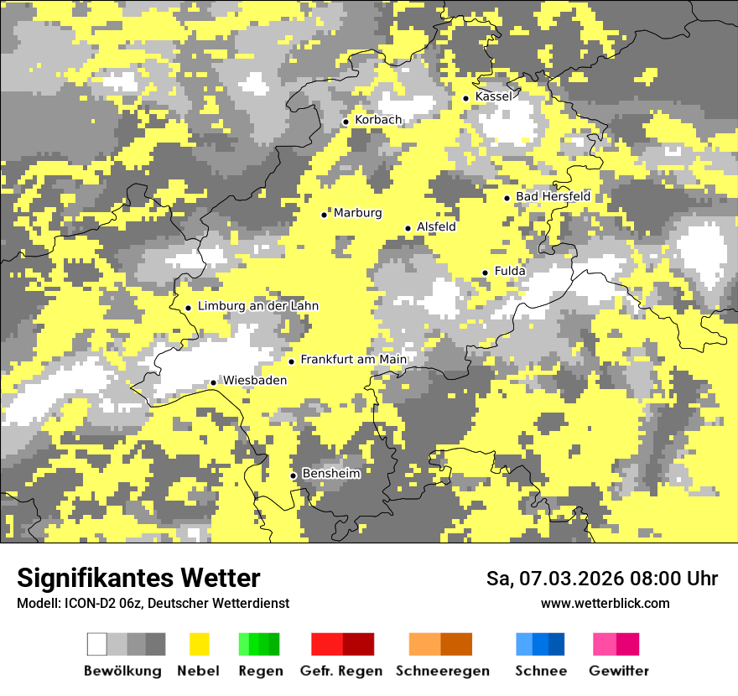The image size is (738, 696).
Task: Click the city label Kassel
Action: coord(493,96)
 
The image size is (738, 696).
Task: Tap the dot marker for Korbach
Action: coord(346,122)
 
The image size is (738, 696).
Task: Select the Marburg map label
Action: coord(357,213)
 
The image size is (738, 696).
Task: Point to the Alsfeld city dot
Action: coord(408,228)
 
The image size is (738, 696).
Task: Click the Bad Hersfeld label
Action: coord(553,196)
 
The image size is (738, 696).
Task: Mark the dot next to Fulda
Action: coord(485,273)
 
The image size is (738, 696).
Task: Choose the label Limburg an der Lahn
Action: coord(258,306)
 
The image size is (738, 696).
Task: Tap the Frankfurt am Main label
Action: coord(353,360)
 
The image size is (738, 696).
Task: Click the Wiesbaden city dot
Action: coord(214,382)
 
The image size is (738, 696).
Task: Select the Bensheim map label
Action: coord(331,474)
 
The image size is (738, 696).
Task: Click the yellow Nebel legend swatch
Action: coord(199,644)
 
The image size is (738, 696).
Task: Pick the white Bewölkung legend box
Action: coord(97,644)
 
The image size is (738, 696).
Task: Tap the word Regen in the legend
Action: coord(259,671)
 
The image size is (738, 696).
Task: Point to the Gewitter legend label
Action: coord(619,671)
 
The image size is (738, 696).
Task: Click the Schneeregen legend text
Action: coord(443,671)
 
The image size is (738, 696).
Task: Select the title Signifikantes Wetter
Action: coord(138,578)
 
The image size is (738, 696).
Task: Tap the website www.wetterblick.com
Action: coord(605,603)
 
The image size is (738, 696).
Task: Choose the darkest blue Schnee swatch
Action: coord(557,644)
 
